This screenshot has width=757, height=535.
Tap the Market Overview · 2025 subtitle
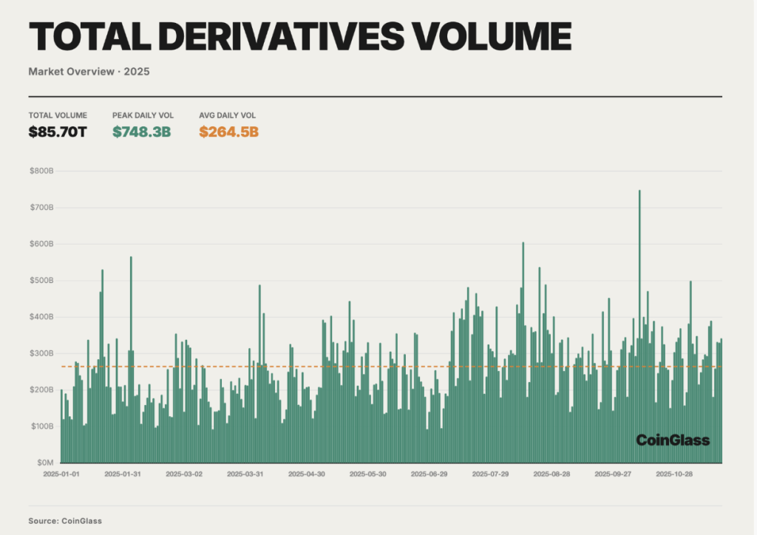coord(89,72)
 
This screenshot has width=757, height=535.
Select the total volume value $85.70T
coord(58,132)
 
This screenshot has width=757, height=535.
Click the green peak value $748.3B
coord(141,132)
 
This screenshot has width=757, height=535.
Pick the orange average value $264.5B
coord(228,132)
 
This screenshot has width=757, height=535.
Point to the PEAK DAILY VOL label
coord(143,115)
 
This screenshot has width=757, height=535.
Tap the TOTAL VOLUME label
coord(58,115)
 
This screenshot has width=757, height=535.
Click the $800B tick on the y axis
coord(41,171)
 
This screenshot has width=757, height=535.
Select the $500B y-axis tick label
coord(41,281)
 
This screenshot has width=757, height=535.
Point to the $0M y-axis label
coord(44,463)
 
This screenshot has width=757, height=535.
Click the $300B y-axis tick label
coord(41,353)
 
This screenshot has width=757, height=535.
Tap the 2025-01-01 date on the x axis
coord(61,474)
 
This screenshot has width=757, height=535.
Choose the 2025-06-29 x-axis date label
coord(429,474)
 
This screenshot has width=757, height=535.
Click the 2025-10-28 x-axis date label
coord(673,474)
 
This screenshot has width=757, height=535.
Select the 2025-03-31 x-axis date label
coord(245,474)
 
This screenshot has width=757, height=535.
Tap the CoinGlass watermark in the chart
coord(673,440)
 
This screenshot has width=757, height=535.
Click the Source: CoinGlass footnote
coord(65,521)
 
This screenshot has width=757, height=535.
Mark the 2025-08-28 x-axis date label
coord(551,474)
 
